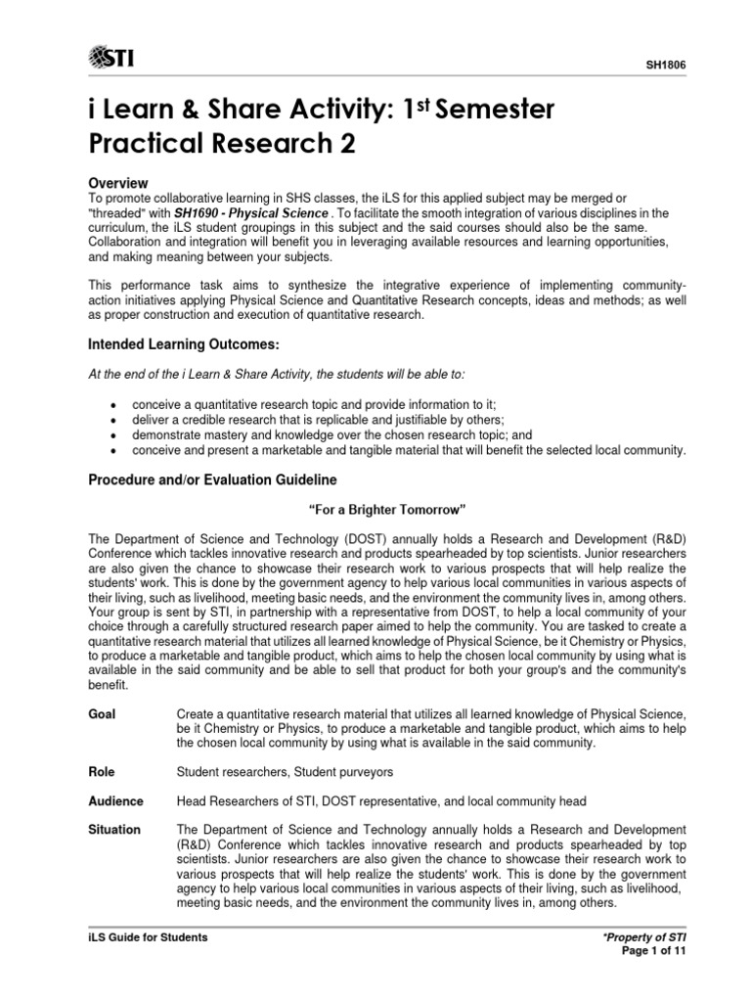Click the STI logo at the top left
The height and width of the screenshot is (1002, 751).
pos(111,58)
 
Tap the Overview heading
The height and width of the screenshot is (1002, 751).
pos(118,183)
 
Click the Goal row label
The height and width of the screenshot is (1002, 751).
pos(102,714)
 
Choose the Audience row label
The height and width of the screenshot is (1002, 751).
pos(115,800)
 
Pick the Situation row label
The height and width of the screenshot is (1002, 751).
pos(114,830)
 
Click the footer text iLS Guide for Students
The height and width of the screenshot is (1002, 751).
pos(148,937)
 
